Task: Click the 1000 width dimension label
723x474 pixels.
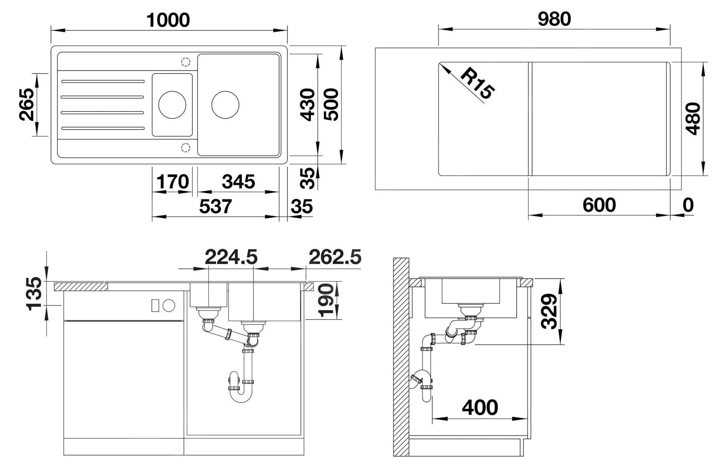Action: click(x=168, y=20)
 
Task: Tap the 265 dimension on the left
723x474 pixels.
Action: click(x=27, y=104)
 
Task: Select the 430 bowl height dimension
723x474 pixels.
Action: click(x=308, y=105)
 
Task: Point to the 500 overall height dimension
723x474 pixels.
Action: click(x=331, y=104)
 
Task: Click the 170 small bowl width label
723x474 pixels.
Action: click(x=173, y=182)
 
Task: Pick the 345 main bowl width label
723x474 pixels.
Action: click(x=238, y=182)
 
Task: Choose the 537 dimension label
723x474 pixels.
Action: click(x=215, y=206)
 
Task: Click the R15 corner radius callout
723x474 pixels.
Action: click(x=477, y=83)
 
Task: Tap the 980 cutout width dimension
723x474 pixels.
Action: click(x=554, y=19)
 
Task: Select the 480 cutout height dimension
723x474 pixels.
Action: click(x=693, y=119)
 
